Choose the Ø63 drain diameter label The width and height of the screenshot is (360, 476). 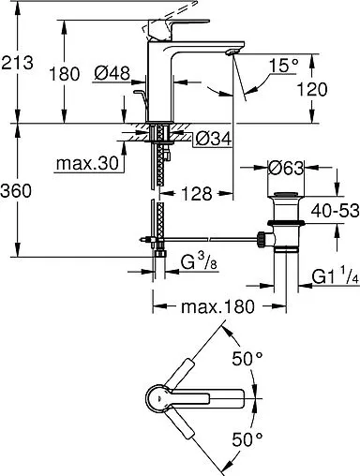285,171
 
